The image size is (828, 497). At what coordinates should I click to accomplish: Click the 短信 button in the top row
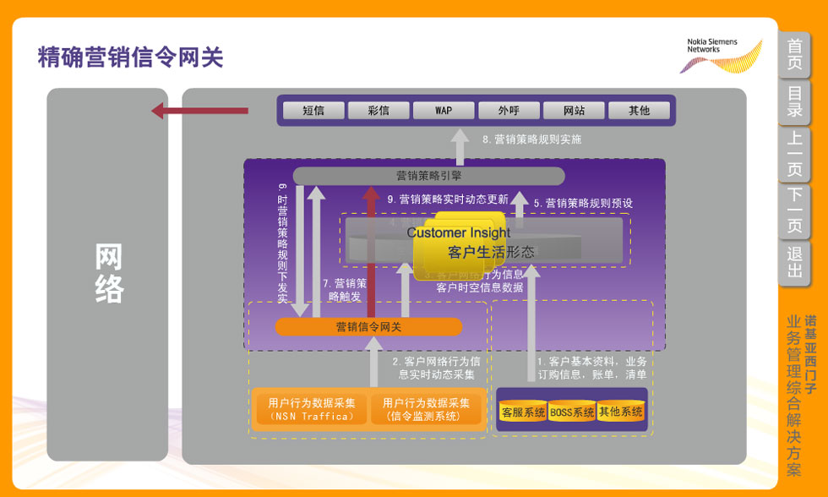coord(313,111)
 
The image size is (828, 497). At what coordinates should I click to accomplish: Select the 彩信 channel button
coord(379,111)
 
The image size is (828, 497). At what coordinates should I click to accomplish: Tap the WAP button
coord(444,111)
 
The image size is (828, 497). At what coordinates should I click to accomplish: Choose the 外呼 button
coord(509,111)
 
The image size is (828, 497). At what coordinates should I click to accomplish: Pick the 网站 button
coord(574,111)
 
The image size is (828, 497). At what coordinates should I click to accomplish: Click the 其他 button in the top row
coord(640,111)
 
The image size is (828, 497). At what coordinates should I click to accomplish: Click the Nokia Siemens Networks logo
coord(722,55)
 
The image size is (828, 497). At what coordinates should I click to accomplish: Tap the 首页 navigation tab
coord(795,55)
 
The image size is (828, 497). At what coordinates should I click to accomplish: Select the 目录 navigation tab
coord(795,101)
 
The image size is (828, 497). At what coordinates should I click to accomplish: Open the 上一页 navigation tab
coord(795,155)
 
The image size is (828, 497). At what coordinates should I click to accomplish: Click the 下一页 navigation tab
coord(795,210)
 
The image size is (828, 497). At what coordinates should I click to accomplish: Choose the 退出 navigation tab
coord(795,262)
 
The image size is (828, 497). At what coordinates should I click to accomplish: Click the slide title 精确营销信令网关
coord(130,57)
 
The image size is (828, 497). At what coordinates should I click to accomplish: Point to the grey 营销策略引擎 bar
coord(428,176)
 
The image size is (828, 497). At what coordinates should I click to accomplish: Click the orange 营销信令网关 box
coord(368,327)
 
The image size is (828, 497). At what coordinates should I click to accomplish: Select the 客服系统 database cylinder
coord(523,412)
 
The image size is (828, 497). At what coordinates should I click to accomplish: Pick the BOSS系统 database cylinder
coord(572,412)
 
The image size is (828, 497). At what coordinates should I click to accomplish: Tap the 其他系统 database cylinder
coord(621,412)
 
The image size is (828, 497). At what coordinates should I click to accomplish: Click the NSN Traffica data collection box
coord(312,409)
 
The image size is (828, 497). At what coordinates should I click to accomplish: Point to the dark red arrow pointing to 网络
coord(199,111)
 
